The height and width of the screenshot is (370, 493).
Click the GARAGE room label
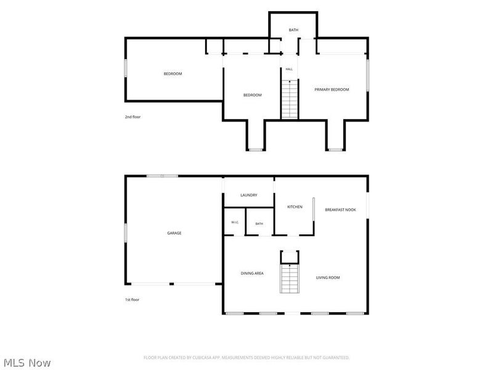point(174,233)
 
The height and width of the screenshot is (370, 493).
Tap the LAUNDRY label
point(249,195)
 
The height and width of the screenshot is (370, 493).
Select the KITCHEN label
point(295,207)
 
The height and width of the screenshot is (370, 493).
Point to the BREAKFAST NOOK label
point(341,210)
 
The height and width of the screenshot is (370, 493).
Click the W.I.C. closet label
point(235,222)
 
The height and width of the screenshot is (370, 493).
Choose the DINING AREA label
point(252,273)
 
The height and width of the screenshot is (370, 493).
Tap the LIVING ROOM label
point(328,277)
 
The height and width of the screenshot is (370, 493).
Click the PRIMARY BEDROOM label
point(332,89)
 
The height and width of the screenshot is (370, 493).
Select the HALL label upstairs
point(289,69)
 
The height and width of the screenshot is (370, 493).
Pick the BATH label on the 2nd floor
point(294,30)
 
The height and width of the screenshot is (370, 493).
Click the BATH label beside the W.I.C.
point(259,224)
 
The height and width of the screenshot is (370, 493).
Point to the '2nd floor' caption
point(132,117)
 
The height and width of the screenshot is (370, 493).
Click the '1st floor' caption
point(132,300)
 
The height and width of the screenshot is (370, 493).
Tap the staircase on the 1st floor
point(290,279)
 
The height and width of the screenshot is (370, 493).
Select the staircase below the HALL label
point(290,99)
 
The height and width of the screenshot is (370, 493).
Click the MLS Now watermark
point(27,363)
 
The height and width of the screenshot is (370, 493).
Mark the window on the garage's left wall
point(126,233)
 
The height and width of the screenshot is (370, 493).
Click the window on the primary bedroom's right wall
point(367,75)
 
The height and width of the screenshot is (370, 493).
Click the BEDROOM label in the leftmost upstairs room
point(173,73)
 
